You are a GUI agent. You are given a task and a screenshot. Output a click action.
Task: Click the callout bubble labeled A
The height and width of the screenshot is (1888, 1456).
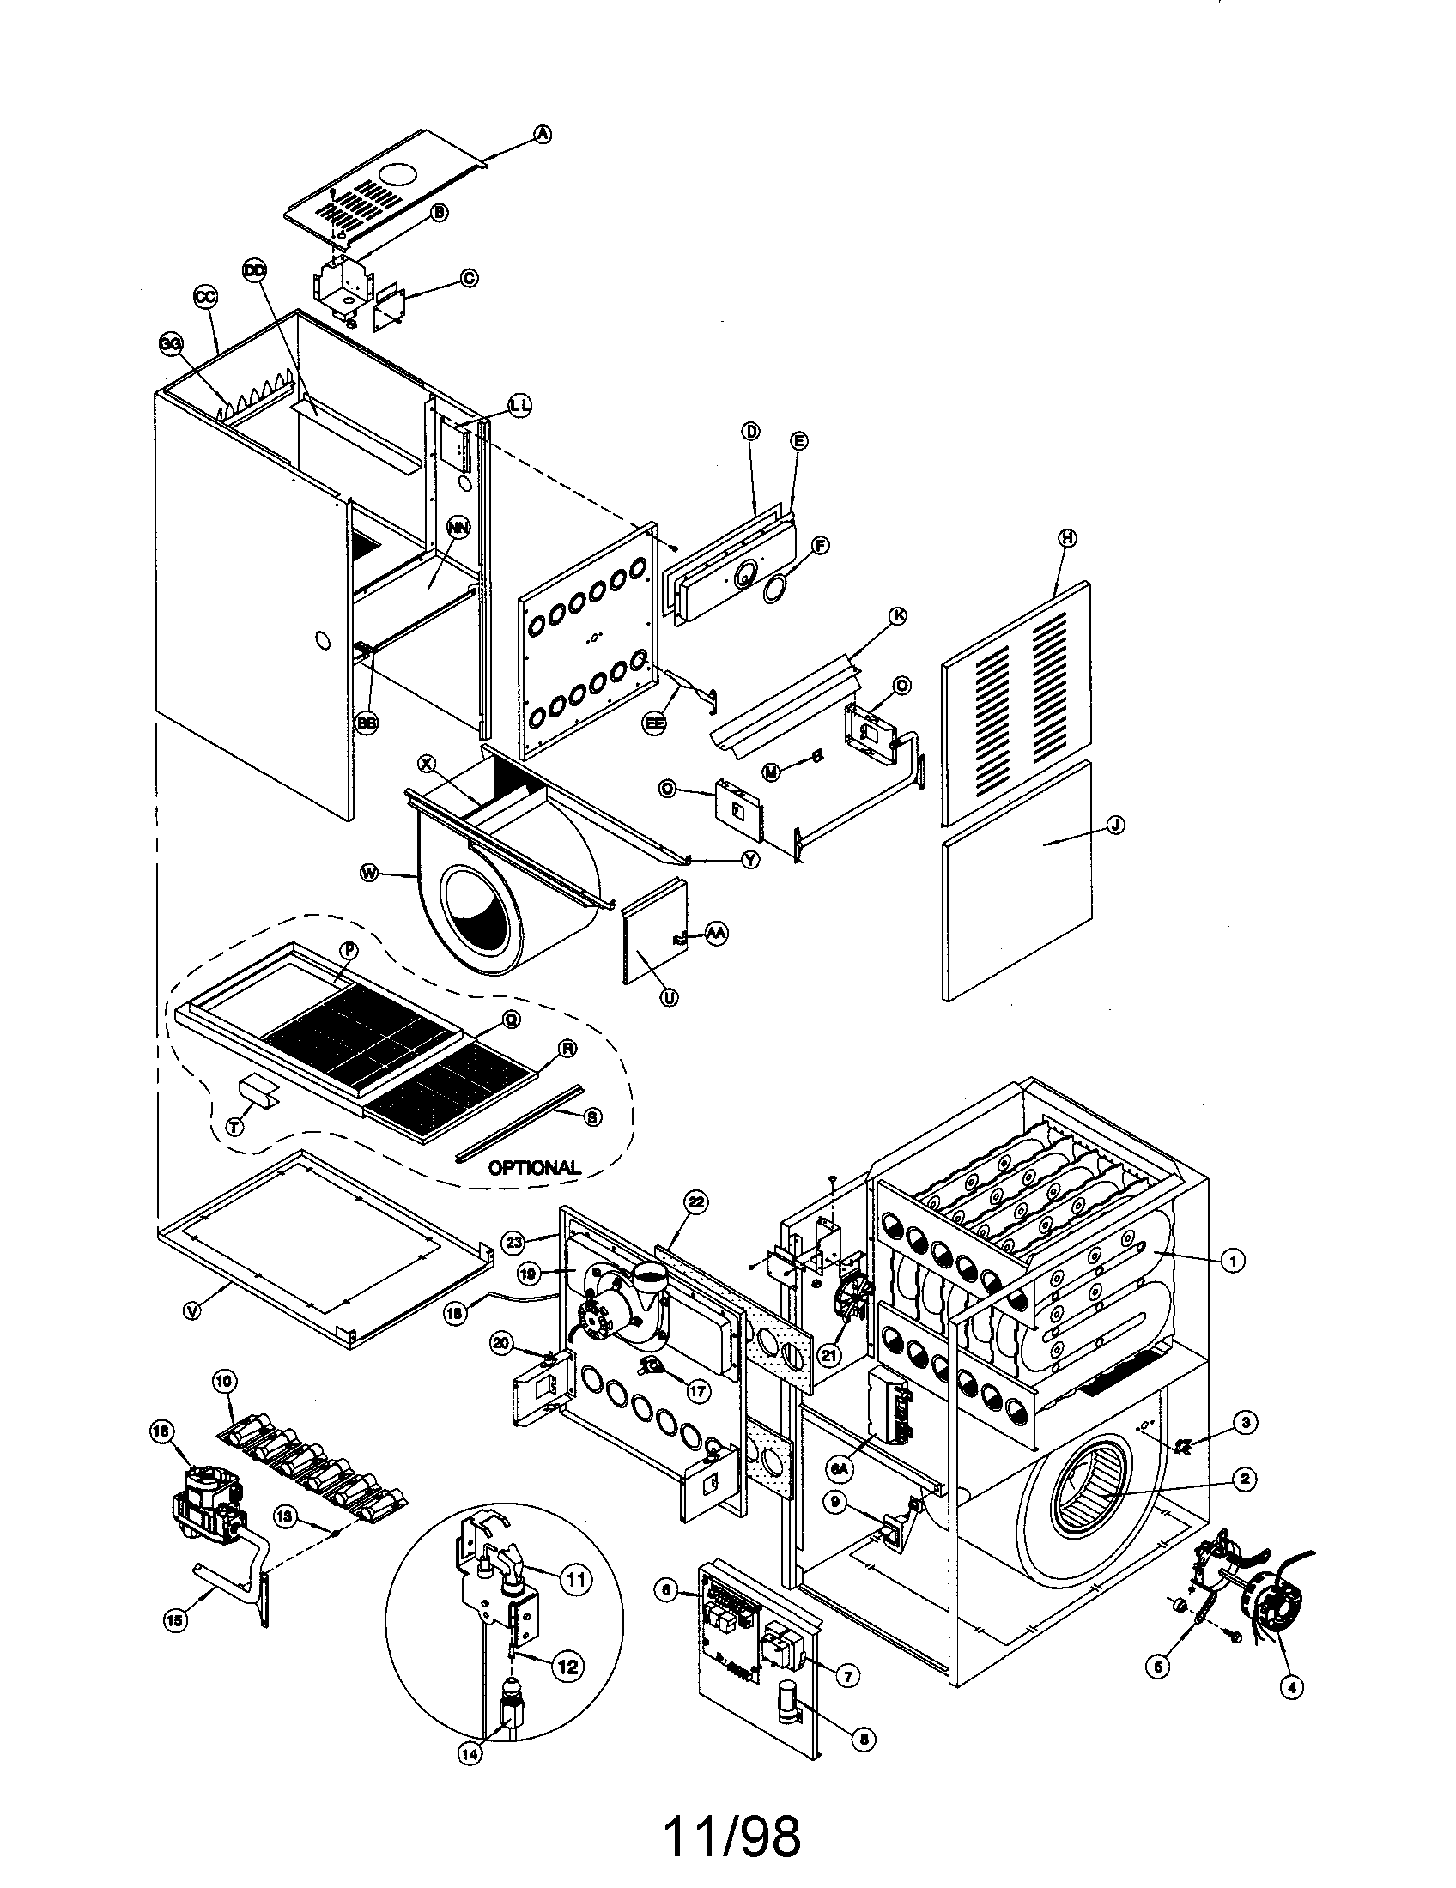pyautogui.click(x=542, y=134)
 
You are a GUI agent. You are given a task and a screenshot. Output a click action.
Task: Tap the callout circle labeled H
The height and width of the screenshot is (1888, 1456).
pyautogui.click(x=1067, y=537)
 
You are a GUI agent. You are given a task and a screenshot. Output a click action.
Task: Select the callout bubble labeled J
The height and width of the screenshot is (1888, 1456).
pyautogui.click(x=1116, y=825)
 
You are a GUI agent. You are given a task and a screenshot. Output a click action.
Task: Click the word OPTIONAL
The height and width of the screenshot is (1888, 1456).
pyautogui.click(x=533, y=1167)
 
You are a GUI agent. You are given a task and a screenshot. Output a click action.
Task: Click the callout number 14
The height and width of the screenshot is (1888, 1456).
pyautogui.click(x=469, y=1754)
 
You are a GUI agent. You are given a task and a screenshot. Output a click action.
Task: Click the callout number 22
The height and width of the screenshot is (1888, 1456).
pyautogui.click(x=696, y=1201)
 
